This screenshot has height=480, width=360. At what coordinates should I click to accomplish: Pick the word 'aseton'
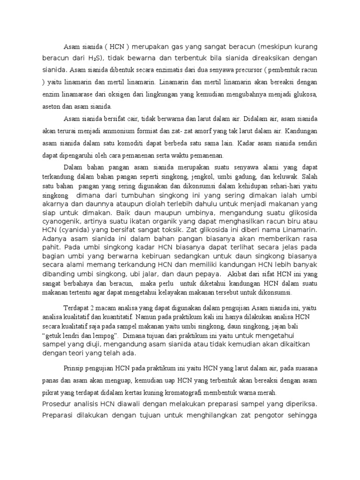[x=51, y=107]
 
